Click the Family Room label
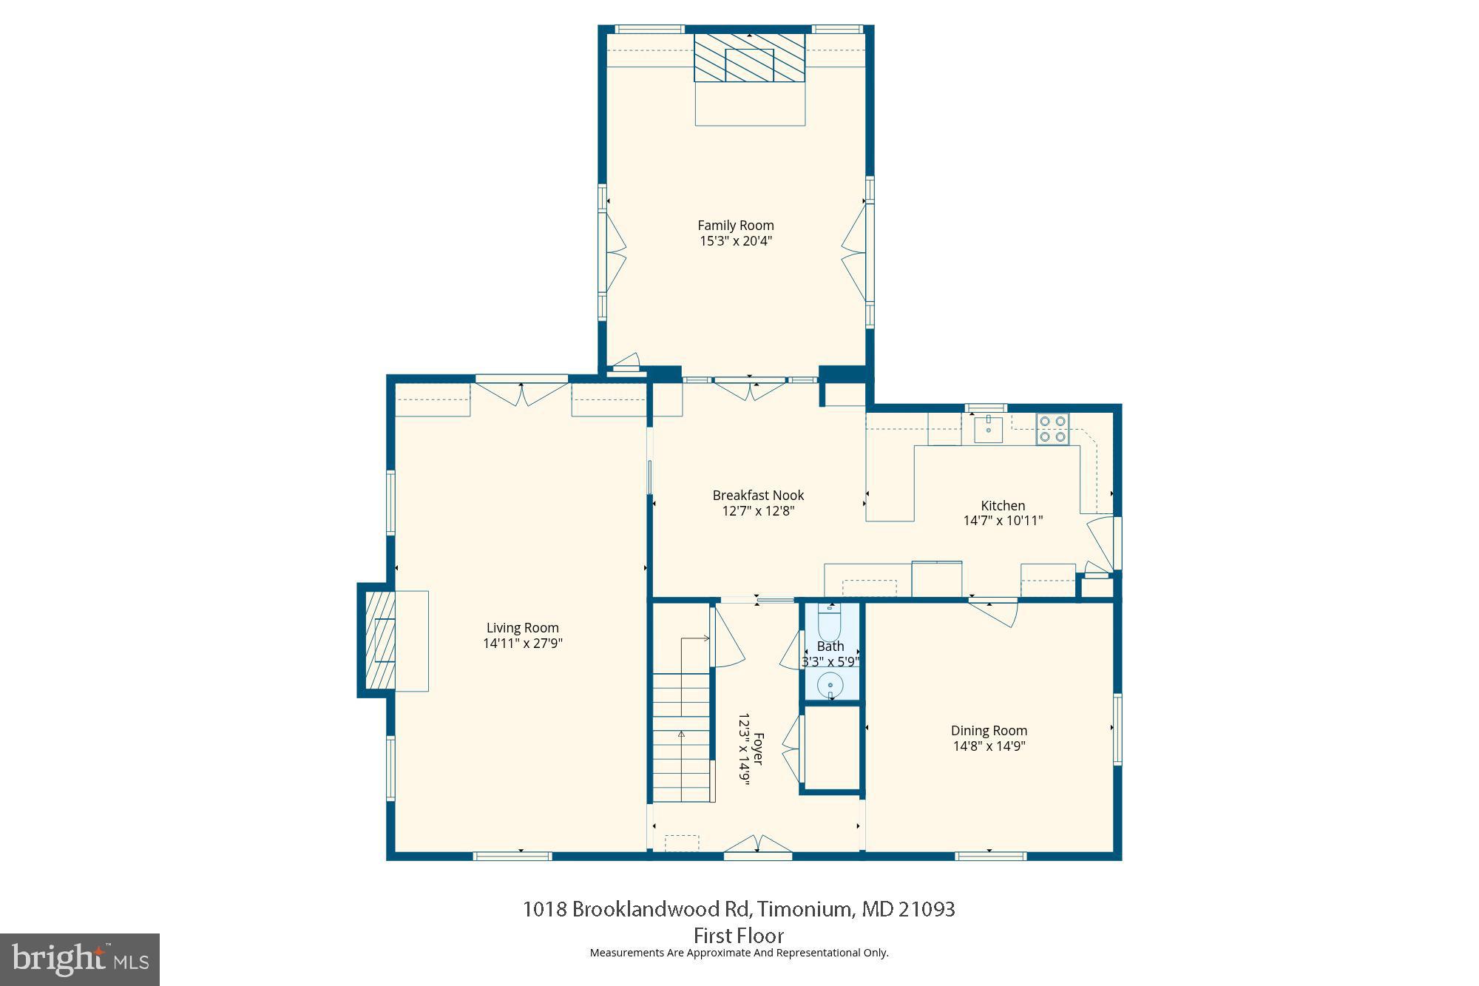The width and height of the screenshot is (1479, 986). (x=735, y=226)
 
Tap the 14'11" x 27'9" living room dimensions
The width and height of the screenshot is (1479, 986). (x=523, y=644)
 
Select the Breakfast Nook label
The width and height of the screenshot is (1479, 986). (x=758, y=496)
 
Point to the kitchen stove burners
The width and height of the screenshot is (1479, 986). (x=1052, y=429)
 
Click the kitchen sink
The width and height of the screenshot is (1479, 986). (x=988, y=428)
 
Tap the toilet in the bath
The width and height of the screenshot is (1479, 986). (x=830, y=622)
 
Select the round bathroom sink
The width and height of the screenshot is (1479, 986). (x=830, y=686)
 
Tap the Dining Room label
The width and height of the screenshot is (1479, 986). (x=989, y=731)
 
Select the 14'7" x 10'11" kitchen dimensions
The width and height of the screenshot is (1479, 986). (x=1003, y=521)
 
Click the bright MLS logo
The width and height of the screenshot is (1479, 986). (x=80, y=959)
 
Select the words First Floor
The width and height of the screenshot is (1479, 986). (x=738, y=935)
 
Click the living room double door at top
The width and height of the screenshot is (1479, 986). (x=522, y=394)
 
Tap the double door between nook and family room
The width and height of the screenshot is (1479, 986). (x=750, y=389)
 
